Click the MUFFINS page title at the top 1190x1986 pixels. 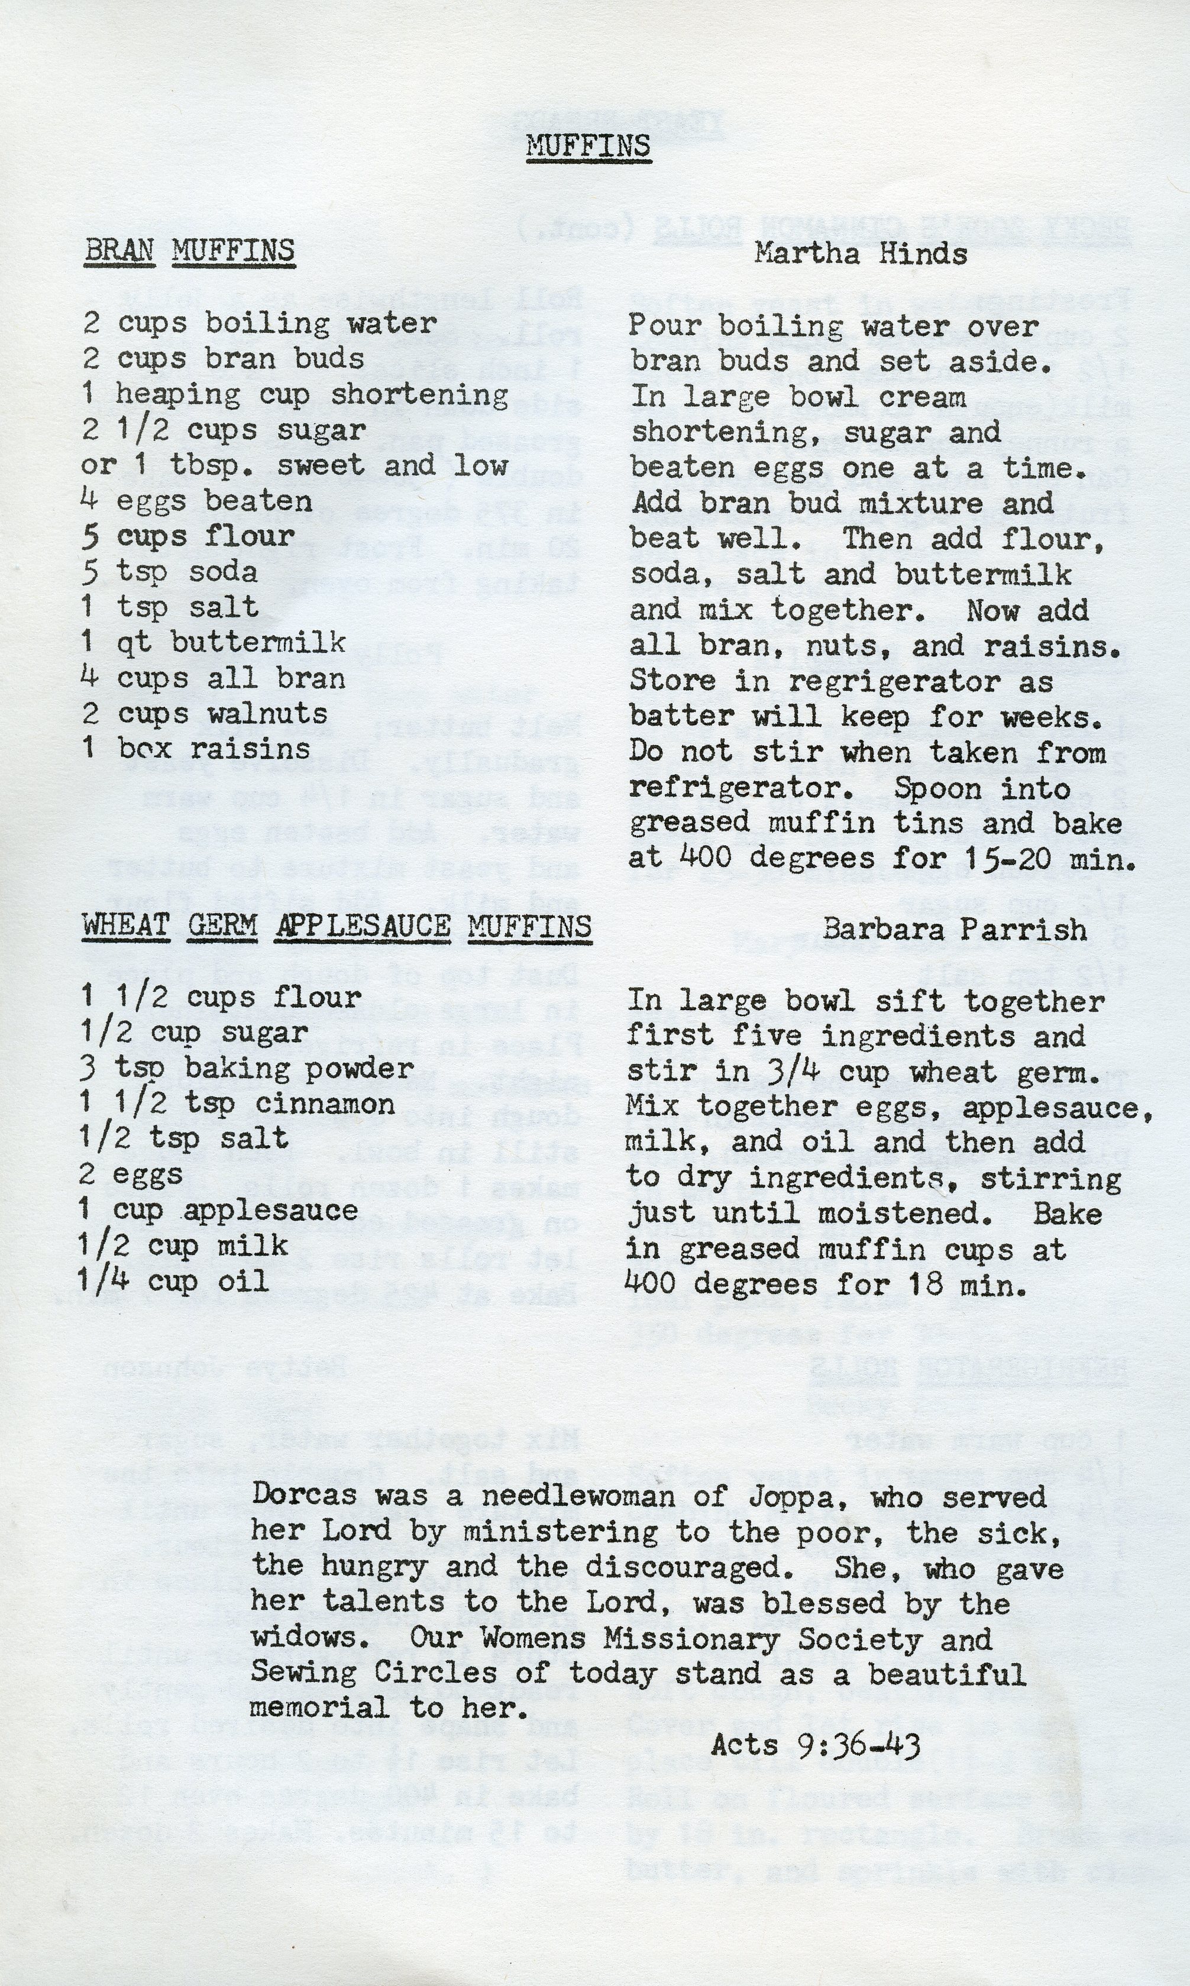pos(588,146)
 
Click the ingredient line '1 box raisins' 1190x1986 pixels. pos(196,748)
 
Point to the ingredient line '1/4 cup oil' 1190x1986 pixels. pos(173,1280)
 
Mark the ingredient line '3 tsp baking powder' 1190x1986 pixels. pos(247,1068)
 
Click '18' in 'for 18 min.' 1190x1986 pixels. pos(913,1285)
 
